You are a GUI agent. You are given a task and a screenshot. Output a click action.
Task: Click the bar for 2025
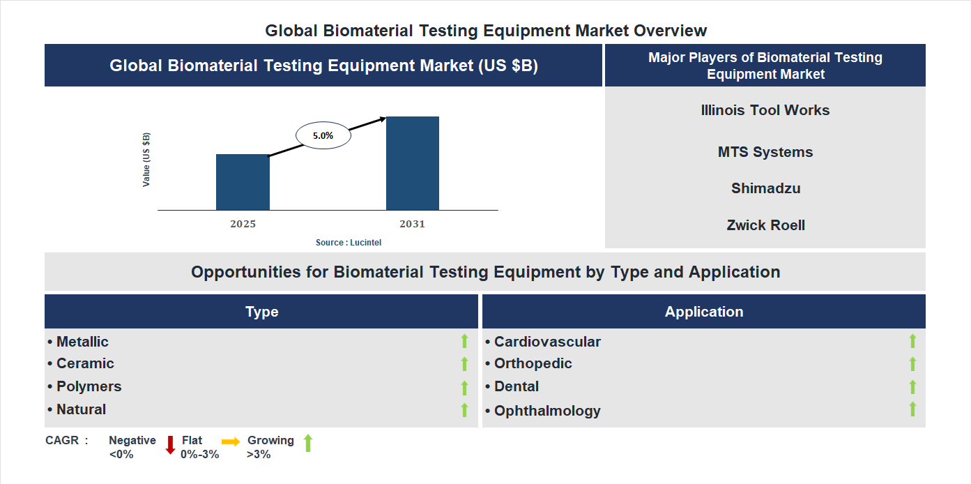243,182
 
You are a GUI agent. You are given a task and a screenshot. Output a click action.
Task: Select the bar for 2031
413,163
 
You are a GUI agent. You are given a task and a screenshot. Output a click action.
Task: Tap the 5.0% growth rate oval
323,136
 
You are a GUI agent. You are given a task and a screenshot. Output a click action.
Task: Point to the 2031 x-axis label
412,224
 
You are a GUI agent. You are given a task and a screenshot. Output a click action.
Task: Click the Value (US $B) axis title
146,160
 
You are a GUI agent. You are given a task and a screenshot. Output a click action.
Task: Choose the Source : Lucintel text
349,242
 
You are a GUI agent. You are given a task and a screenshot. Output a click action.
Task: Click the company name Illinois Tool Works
765,110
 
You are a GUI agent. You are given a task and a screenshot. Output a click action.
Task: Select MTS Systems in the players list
765,152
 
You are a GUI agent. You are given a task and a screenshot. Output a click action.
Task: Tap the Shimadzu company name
765,188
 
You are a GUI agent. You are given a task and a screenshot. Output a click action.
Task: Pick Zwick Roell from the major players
765,225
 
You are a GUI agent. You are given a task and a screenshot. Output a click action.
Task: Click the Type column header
261,312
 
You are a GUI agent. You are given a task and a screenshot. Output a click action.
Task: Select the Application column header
703,312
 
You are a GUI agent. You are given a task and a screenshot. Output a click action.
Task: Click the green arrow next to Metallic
464,341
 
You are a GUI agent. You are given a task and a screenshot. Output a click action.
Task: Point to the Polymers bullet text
89,386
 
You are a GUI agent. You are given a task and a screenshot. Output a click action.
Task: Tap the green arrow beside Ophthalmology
912,409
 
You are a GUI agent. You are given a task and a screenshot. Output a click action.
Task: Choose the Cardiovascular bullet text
546,342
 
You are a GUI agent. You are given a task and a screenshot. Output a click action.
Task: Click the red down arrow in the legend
170,445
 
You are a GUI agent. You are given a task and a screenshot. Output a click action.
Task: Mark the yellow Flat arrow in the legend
231,441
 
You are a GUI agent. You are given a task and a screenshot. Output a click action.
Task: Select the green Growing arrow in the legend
308,443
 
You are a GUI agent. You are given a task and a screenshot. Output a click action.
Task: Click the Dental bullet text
516,386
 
